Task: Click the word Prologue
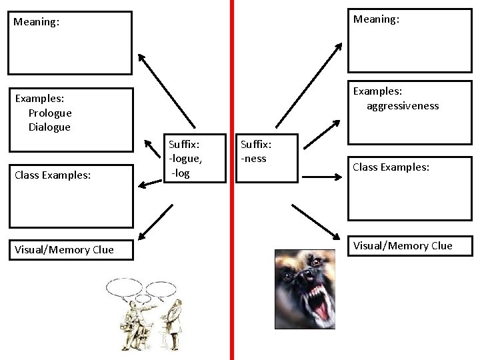click(x=50, y=113)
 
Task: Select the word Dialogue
click(x=49, y=127)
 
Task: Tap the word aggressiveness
click(x=403, y=105)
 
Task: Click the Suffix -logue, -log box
click(x=186, y=158)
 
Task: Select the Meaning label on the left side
click(x=36, y=22)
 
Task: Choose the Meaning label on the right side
click(x=376, y=19)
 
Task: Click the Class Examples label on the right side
click(x=391, y=167)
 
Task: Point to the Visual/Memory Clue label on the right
click(x=403, y=245)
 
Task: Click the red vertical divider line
click(x=231, y=200)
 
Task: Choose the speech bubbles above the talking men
click(x=141, y=288)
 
